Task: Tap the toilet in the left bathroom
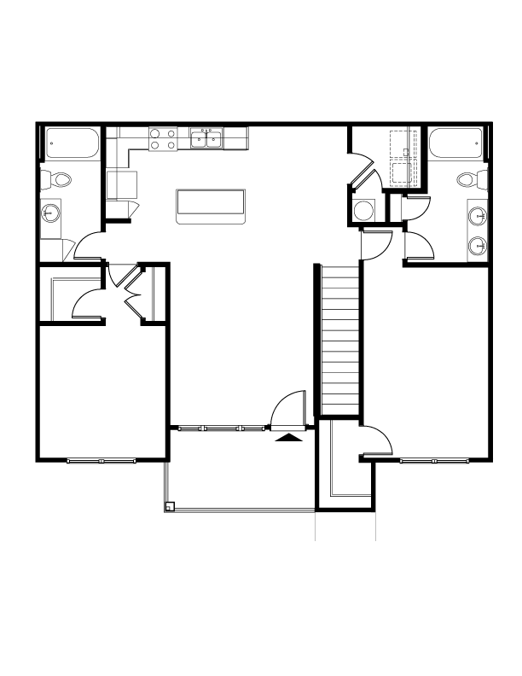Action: coord(60,180)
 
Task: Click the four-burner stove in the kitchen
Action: coord(163,138)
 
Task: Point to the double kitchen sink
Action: coord(206,138)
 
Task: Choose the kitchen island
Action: coord(211,206)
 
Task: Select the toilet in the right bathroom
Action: coord(467,180)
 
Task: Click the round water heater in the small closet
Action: coord(364,211)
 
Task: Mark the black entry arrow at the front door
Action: coord(289,437)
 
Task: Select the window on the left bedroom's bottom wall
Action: coord(101,461)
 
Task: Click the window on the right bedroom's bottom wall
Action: coord(434,461)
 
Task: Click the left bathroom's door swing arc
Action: coord(87,247)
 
